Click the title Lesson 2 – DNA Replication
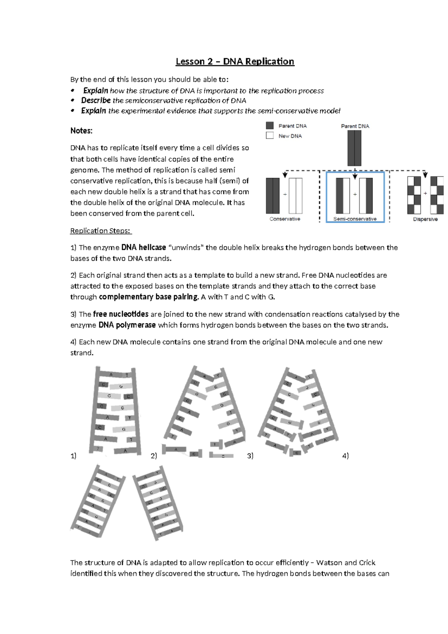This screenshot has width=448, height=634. click(x=235, y=61)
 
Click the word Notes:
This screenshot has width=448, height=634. click(x=81, y=131)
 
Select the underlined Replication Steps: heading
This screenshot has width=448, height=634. click(x=101, y=231)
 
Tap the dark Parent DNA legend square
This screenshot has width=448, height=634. click(x=270, y=126)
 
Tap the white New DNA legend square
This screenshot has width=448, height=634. click(x=270, y=136)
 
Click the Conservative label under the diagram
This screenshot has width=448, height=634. click(x=285, y=219)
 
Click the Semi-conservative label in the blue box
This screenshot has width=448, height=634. click(x=355, y=219)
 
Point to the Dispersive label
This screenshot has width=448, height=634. click(x=425, y=219)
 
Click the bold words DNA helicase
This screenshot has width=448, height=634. click(x=144, y=247)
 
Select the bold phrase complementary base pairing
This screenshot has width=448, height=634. click(x=149, y=297)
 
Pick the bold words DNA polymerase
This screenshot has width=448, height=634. click(x=127, y=325)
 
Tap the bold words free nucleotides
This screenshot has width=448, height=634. click(x=121, y=314)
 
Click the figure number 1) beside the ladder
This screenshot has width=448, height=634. click(x=73, y=456)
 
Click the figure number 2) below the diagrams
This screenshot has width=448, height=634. click(x=154, y=456)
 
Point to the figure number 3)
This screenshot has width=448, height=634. click(x=250, y=456)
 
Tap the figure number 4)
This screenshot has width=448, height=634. click(x=345, y=456)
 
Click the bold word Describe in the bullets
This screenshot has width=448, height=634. click(x=96, y=101)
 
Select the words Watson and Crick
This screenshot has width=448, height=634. click(x=345, y=563)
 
